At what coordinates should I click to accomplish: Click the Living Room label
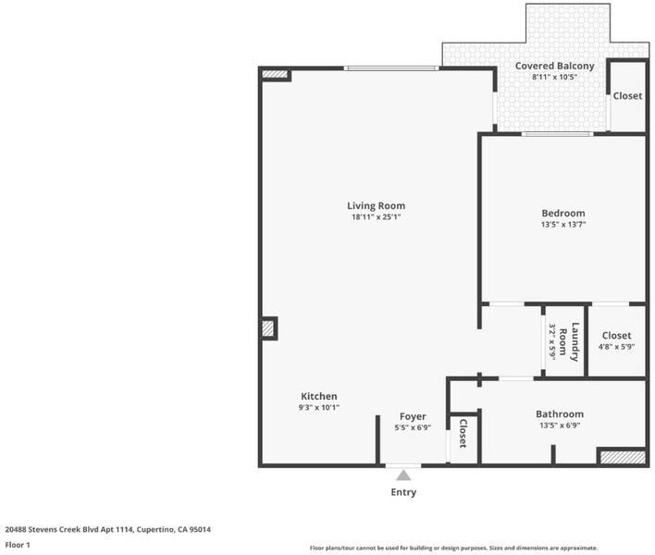pyautogui.click(x=376, y=206)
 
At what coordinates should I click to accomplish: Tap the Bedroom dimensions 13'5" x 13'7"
pyautogui.click(x=563, y=225)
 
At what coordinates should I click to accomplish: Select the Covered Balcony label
pyautogui.click(x=554, y=66)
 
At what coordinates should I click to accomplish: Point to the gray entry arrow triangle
pyautogui.click(x=403, y=475)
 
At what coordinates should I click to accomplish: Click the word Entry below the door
pyautogui.click(x=403, y=492)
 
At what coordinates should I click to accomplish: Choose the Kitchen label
pyautogui.click(x=319, y=396)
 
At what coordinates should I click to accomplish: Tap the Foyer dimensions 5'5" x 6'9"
pyautogui.click(x=413, y=427)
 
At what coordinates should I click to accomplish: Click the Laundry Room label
pyautogui.click(x=569, y=342)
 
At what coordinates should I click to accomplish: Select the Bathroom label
pyautogui.click(x=560, y=414)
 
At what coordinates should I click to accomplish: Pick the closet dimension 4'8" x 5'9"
pyautogui.click(x=616, y=347)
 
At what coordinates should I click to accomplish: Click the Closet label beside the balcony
pyautogui.click(x=627, y=96)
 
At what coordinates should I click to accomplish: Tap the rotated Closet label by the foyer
pyautogui.click(x=463, y=434)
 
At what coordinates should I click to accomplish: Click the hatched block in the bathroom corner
pyautogui.click(x=623, y=457)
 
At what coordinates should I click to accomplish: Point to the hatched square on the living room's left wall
pyautogui.click(x=267, y=328)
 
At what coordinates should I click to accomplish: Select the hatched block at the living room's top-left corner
pyautogui.click(x=275, y=74)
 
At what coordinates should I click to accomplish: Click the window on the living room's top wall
pyautogui.click(x=391, y=68)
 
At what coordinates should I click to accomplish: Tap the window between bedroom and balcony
pyautogui.click(x=557, y=134)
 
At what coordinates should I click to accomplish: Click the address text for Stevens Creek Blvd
pyautogui.click(x=107, y=529)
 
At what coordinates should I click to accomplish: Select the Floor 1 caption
pyautogui.click(x=18, y=545)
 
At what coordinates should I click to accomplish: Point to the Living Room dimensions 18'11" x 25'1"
pyautogui.click(x=376, y=217)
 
